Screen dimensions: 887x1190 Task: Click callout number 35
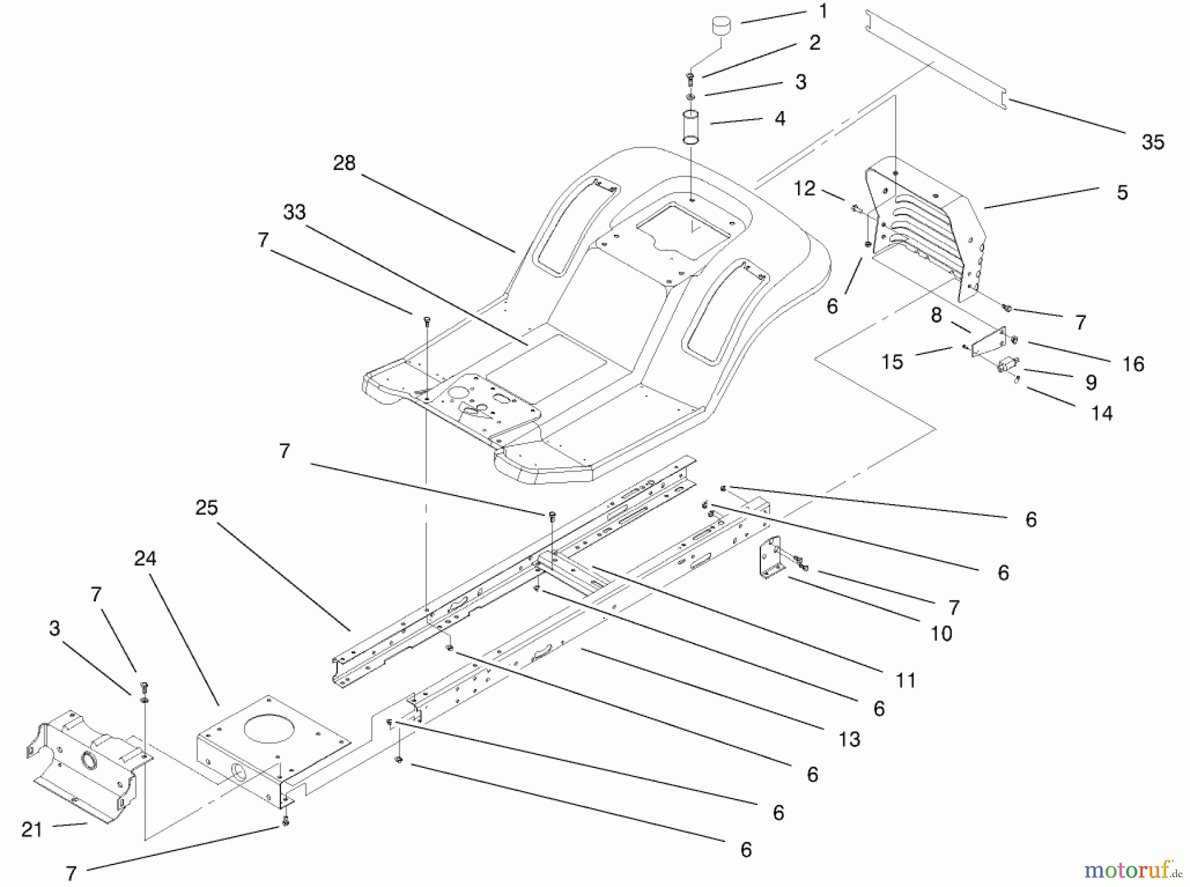[x=1152, y=142]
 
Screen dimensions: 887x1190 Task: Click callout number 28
[x=344, y=163]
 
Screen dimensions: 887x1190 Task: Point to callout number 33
[x=294, y=212]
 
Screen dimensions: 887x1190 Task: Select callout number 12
[x=804, y=189]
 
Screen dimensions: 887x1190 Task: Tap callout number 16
[x=1133, y=364]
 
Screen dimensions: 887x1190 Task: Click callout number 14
[x=1101, y=413]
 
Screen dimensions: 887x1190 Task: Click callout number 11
[x=905, y=680]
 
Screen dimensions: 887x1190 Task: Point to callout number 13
[x=849, y=739]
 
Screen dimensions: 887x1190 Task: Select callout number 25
[x=206, y=508]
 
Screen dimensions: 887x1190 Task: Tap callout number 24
[x=145, y=559]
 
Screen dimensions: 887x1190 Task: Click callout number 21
[x=32, y=829]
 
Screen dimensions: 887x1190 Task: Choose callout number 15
[x=892, y=362]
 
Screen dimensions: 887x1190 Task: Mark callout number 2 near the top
[x=814, y=43]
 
